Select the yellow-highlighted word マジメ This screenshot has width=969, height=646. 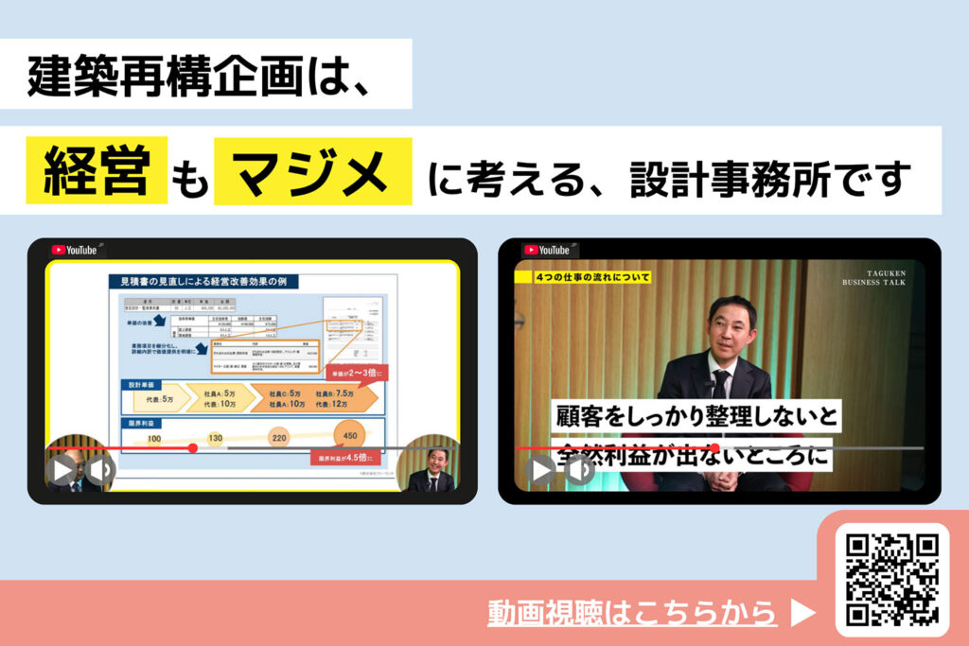(x=313, y=171)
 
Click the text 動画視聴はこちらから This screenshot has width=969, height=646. (x=632, y=613)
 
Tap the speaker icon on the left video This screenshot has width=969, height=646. (x=100, y=470)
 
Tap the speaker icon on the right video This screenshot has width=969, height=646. (x=578, y=470)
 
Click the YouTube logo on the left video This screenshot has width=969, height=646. (x=75, y=251)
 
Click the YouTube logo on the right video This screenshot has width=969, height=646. (x=547, y=251)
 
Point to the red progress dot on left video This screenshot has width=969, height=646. (x=193, y=447)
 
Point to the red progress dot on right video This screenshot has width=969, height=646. (x=715, y=447)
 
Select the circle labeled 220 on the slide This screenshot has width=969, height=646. (x=279, y=439)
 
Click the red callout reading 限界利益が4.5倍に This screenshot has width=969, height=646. (x=344, y=458)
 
